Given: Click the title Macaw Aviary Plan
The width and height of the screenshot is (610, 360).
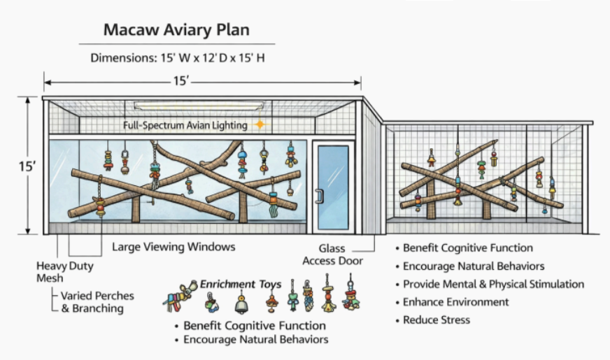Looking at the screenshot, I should coord(176,30).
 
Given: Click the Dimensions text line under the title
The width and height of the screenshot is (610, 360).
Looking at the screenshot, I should coord(176,57).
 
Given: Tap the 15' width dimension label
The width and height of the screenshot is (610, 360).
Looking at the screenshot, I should coord(181,82).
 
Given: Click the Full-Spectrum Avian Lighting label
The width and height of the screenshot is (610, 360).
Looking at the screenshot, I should coord(185,126).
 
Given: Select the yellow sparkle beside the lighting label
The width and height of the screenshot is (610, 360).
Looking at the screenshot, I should coord(260,125).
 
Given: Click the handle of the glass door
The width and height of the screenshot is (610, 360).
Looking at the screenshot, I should coord(319,195).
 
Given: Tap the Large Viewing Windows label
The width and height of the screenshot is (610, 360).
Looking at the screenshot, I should coord(173,247).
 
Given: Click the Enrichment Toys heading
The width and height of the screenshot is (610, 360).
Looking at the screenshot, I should coord(241,285).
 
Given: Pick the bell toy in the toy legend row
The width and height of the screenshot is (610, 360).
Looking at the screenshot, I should coord(241,304).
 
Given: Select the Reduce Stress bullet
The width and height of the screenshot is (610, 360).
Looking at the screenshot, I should coord(437,320).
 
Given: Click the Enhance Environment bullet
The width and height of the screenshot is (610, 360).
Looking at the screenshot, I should coord(455,302).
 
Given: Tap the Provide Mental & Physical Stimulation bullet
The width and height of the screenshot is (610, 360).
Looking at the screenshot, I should coord(493,285).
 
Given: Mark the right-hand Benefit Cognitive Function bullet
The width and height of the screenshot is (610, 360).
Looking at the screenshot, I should coord(467,248).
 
